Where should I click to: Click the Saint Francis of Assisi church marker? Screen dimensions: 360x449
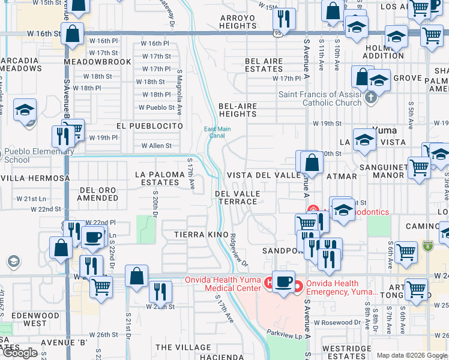(371, 98)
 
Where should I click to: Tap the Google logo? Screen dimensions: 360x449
(20, 352)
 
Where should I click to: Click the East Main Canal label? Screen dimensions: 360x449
(217, 132)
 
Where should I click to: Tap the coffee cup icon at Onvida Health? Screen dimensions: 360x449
(283, 280)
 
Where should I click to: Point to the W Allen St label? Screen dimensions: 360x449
(156, 146)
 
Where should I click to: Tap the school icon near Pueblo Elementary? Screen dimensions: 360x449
(25, 110)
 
